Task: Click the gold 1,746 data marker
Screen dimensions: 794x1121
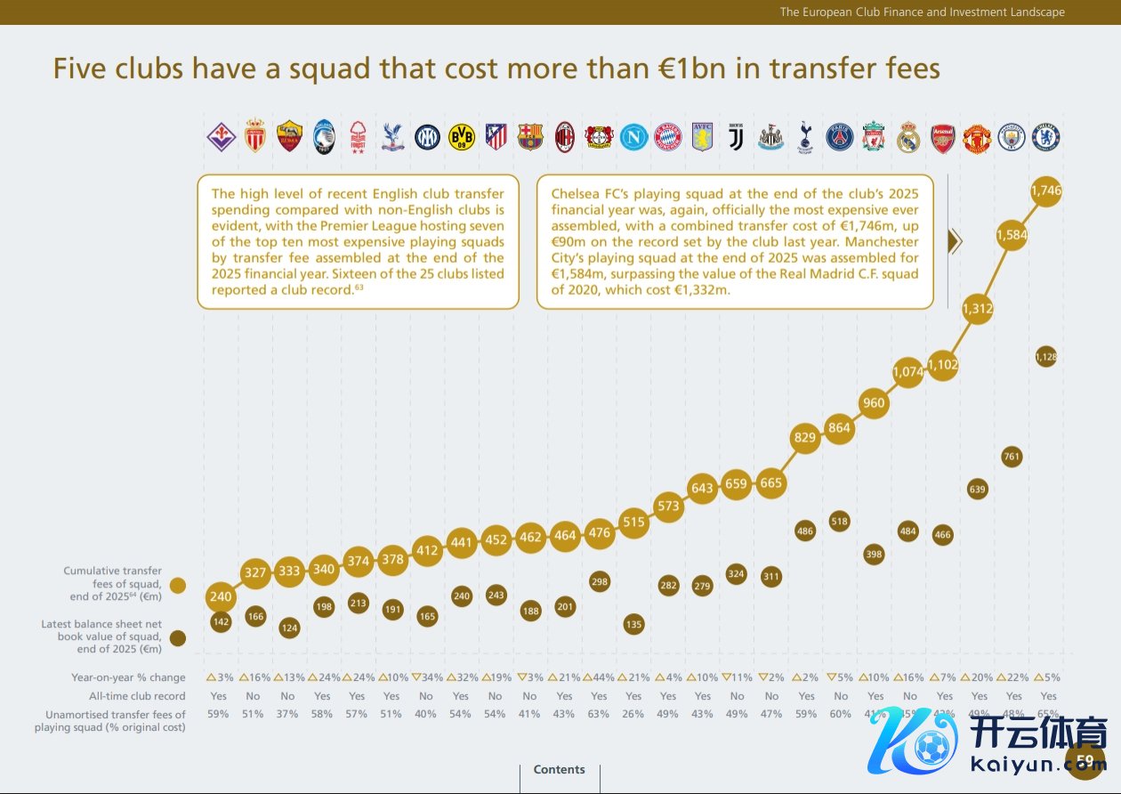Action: (x=1046, y=190)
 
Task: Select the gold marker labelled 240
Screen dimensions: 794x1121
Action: (x=221, y=597)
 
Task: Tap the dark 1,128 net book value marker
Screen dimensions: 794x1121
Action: (x=1046, y=357)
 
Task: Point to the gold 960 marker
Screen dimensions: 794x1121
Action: (x=874, y=402)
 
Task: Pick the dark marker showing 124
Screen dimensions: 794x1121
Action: (x=289, y=628)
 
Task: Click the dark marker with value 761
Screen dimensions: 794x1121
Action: (x=1012, y=457)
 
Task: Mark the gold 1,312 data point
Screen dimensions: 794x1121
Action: (x=978, y=309)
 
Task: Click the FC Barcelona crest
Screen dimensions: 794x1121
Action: (x=530, y=136)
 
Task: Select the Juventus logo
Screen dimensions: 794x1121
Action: (x=736, y=136)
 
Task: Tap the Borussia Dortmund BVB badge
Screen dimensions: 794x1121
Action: (x=461, y=136)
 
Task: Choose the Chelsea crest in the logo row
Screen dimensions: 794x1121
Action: (x=1046, y=136)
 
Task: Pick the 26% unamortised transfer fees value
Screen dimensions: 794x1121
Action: (x=633, y=714)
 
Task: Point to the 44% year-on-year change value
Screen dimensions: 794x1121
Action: (x=599, y=677)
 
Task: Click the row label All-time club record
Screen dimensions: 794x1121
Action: (x=137, y=696)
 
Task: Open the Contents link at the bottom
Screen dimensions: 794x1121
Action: (x=559, y=770)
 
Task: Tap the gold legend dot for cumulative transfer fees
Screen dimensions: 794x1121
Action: (x=178, y=585)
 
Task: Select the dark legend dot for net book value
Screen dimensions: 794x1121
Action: (x=178, y=637)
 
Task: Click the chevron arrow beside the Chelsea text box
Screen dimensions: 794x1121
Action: (x=956, y=241)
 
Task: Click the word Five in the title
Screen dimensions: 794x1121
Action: (x=85, y=69)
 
